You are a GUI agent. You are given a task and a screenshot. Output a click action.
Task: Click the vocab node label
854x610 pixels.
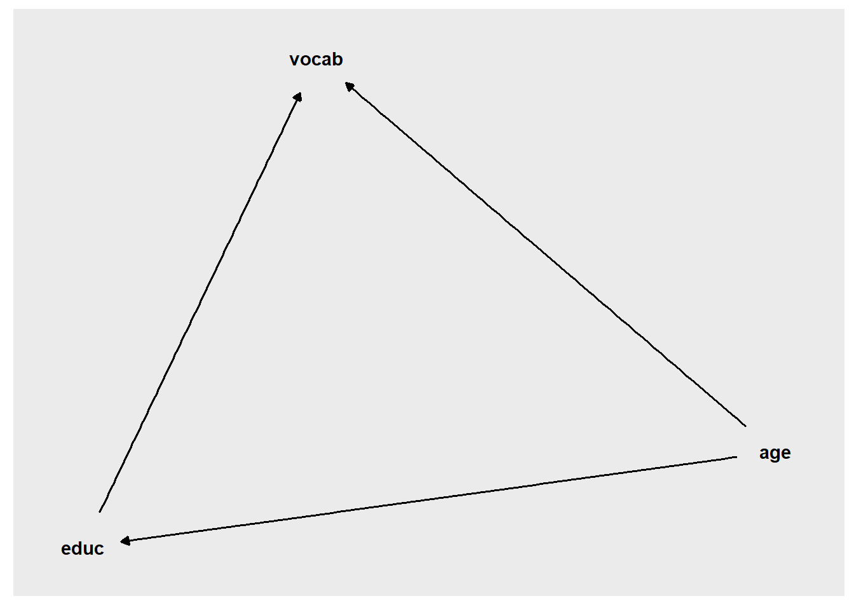pyautogui.click(x=316, y=60)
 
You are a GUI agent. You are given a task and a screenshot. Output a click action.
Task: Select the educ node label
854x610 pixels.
pyautogui.click(x=83, y=548)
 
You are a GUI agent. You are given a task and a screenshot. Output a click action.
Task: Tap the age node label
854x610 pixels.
pyautogui.click(x=775, y=453)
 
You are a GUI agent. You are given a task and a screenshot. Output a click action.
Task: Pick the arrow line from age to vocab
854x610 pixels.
pyautogui.click(x=545, y=254)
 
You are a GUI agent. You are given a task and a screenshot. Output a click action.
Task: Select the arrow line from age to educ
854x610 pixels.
pyautogui.click(x=428, y=499)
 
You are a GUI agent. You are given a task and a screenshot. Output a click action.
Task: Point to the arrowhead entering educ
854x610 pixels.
pyautogui.click(x=125, y=541)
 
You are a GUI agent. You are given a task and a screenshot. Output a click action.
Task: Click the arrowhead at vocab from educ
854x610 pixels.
pyautogui.click(x=298, y=97)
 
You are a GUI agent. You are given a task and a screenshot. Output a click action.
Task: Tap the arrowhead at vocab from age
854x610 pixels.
pyautogui.click(x=349, y=86)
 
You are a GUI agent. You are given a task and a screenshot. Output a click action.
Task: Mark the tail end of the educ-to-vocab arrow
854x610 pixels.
pyautogui.click(x=99, y=512)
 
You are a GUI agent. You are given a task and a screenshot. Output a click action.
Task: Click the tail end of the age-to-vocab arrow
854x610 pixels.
pyautogui.click(x=746, y=426)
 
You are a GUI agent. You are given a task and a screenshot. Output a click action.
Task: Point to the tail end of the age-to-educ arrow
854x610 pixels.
pyautogui.click(x=736, y=457)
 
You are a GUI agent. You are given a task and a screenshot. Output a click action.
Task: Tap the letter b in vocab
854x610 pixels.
pyautogui.click(x=337, y=60)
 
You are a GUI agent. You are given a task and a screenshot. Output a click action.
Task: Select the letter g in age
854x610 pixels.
pyautogui.click(x=775, y=455)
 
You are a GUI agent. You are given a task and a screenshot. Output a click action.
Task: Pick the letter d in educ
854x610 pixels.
pyautogui.click(x=78, y=548)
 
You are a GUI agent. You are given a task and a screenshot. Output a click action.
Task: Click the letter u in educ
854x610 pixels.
pyautogui.click(x=89, y=550)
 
